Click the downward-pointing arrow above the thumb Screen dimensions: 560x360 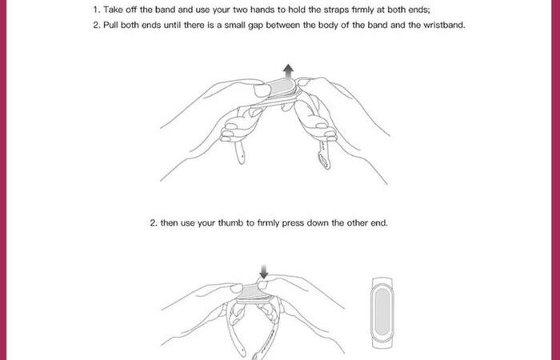point(263,272)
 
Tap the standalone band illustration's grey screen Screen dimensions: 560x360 point(382,311)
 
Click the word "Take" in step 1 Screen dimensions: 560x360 point(113,10)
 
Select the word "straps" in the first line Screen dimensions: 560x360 point(336,10)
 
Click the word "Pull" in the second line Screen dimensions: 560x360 point(110,25)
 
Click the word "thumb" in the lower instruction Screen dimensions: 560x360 point(230,223)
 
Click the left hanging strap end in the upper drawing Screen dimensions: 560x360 point(240,152)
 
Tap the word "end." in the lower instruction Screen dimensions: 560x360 point(378,223)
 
